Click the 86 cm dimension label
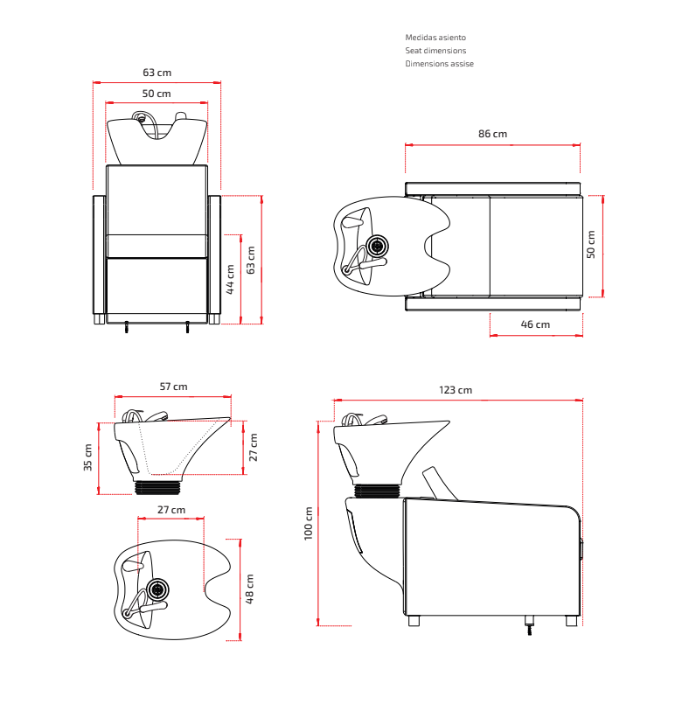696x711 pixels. tap(492, 134)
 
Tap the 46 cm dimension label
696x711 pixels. tap(535, 324)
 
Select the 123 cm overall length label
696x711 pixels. tap(456, 390)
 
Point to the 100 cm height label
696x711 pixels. tap(309, 523)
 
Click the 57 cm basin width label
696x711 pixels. tap(173, 387)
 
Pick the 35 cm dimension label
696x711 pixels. tap(88, 457)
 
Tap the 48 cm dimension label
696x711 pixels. tap(249, 589)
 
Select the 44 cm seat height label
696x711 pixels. tap(230, 279)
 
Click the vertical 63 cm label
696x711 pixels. tap(251, 260)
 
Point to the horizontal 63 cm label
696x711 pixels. tap(157, 73)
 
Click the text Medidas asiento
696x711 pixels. tap(435, 38)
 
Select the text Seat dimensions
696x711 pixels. tap(435, 51)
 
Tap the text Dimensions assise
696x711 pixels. tap(439, 64)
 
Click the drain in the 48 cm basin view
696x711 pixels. tap(157, 590)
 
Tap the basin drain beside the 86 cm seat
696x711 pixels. tap(377, 247)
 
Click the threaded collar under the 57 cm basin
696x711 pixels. tap(157, 488)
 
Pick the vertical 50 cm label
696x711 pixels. tap(591, 244)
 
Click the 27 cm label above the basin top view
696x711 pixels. tap(171, 510)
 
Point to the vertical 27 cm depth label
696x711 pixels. tap(254, 447)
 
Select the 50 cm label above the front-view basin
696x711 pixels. tap(157, 94)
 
